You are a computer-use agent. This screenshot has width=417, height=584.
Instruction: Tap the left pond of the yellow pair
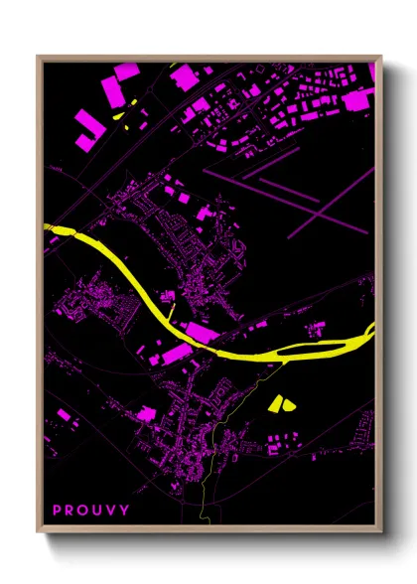(276, 403)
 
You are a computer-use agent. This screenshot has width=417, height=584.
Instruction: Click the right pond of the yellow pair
(289, 403)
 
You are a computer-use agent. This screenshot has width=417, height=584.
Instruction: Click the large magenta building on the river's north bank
(201, 332)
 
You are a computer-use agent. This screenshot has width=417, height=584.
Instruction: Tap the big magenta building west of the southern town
(146, 413)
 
